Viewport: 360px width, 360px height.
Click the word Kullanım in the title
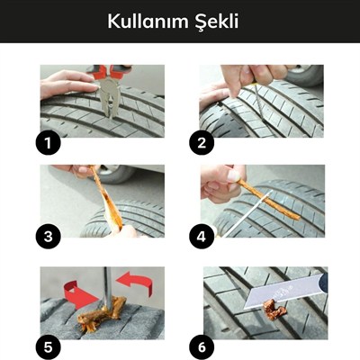point(146,21)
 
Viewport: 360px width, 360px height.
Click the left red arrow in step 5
point(76,292)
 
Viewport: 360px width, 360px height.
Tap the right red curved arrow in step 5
point(135,283)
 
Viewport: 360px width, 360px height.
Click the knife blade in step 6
point(274,290)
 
